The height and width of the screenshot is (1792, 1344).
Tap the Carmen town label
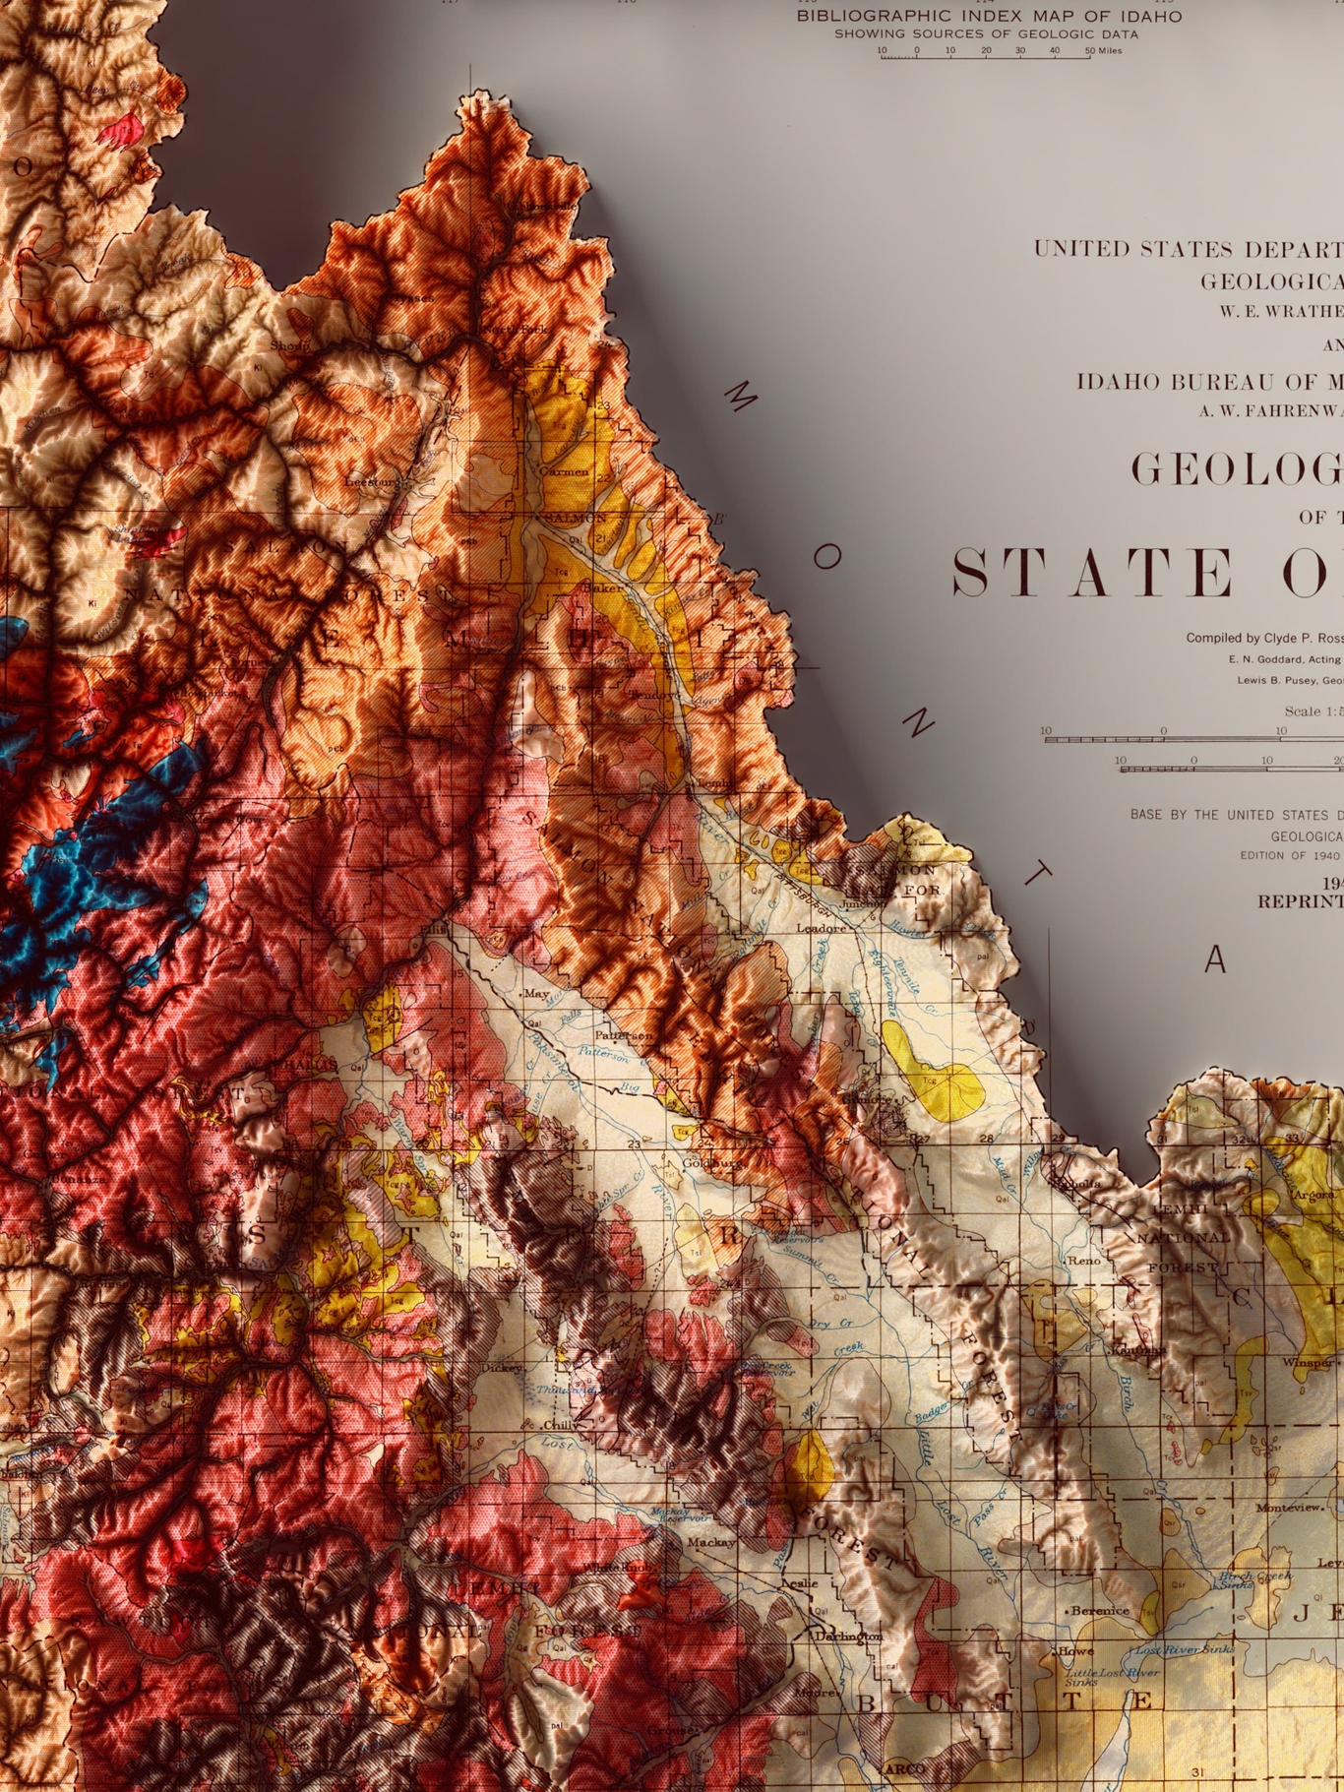click(564, 471)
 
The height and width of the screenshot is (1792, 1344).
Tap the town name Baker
click(602, 587)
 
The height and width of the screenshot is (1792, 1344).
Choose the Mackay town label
click(711, 1542)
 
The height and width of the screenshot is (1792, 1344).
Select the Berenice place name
click(1099, 1611)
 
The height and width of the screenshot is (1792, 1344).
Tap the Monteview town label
click(1289, 1507)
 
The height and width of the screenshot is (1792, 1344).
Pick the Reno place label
click(1084, 1260)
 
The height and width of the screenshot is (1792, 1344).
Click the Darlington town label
click(847, 1636)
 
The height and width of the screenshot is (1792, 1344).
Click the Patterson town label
click(622, 1036)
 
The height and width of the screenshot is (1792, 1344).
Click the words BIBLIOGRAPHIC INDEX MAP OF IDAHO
click(989, 17)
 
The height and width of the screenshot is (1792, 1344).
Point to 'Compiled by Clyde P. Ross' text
click(1263, 638)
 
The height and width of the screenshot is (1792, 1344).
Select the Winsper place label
click(1307, 1363)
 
